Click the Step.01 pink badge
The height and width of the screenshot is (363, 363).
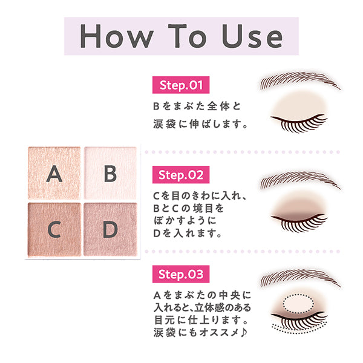(180, 85)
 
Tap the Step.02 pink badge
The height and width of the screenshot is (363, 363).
(180, 175)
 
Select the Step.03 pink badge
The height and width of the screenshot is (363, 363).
(180, 273)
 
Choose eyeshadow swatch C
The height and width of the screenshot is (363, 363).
(54, 229)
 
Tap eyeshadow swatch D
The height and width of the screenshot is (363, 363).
(110, 229)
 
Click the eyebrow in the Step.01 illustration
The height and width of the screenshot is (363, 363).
(296, 82)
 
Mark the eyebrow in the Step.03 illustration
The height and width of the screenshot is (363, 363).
(296, 277)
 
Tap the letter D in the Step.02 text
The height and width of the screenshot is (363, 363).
(158, 232)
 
